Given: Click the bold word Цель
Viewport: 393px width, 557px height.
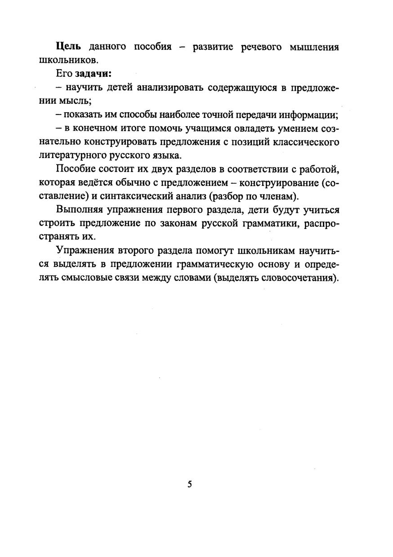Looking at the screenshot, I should click(x=68, y=47).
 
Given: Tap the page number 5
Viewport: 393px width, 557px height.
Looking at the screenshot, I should click(x=190, y=484).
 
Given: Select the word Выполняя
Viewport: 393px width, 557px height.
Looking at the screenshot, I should click(x=80, y=210).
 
